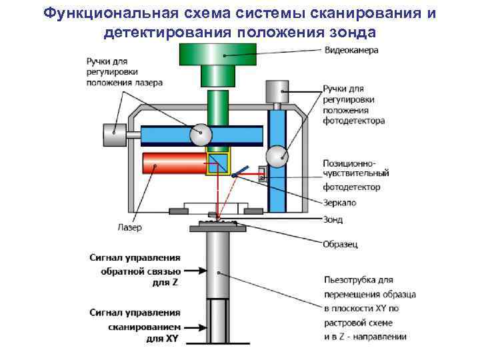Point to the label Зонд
[x=333, y=220]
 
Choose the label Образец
[x=340, y=244]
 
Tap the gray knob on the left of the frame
[x=114, y=133]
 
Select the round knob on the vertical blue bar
[x=277, y=157]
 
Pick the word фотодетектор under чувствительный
[x=351, y=187]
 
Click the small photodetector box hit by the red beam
[x=262, y=175]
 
